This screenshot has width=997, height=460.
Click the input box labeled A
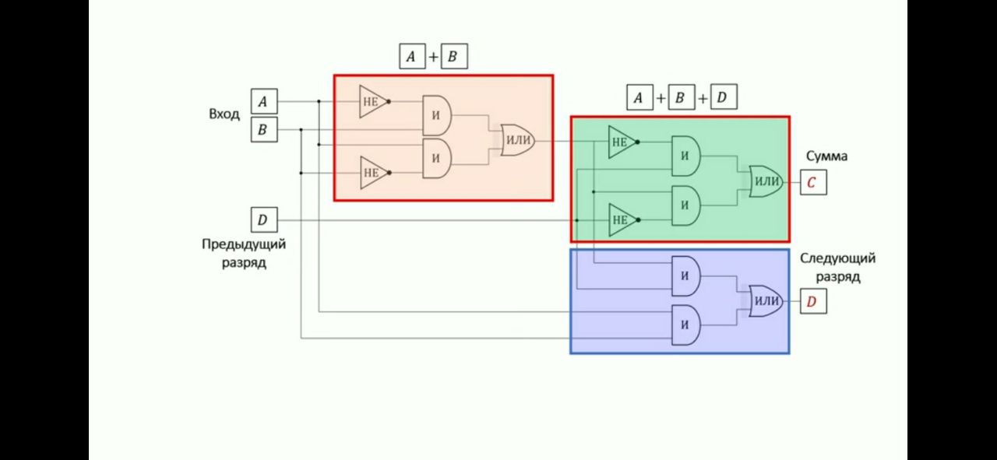262,101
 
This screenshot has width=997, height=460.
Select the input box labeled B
262,129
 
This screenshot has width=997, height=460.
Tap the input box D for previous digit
262,220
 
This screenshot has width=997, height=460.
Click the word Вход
224,114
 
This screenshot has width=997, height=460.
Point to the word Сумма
826,156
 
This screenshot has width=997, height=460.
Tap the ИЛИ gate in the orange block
518,140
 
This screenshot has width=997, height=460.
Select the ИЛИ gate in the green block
766,181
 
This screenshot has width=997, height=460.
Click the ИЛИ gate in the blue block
766,301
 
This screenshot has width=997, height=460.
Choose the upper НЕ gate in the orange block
372,101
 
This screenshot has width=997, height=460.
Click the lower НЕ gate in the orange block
372,172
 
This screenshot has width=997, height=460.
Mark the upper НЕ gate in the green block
622,142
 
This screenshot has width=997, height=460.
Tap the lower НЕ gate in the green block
622,219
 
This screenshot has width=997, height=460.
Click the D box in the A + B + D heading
722,98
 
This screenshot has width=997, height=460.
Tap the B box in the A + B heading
453,56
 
